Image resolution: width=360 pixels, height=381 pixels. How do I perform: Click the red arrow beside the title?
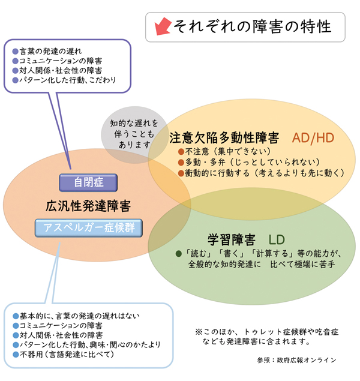162,26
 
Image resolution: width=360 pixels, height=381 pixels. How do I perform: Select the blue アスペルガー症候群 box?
88,227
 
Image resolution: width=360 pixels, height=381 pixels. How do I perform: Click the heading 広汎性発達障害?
88,205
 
